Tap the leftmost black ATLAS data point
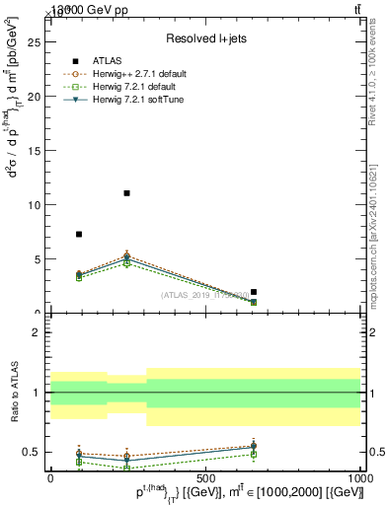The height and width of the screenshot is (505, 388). click(79, 234)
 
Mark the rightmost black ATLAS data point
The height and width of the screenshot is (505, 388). click(254, 292)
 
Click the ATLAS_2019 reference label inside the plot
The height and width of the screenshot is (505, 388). click(207, 295)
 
